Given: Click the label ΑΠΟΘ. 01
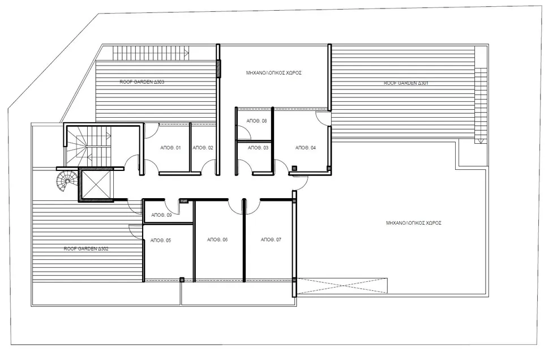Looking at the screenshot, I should point(170,148).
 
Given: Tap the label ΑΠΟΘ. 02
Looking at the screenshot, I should point(203,148).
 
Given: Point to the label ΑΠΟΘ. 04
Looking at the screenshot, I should point(305,148).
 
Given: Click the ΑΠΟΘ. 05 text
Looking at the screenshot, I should point(161,241).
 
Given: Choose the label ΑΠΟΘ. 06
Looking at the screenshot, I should point(217,240).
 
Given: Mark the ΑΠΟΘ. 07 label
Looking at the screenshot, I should point(271,240).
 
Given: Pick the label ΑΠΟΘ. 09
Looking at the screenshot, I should point(162,215).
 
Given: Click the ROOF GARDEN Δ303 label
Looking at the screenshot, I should point(142,82).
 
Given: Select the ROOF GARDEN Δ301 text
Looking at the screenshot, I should point(405,83).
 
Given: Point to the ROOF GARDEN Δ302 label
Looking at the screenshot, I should point(86,248).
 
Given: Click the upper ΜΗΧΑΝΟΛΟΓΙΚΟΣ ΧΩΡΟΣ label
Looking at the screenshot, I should point(273,73).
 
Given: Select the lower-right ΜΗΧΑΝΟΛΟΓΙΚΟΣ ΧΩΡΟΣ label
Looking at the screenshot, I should point(413,223).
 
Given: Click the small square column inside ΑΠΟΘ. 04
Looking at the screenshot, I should point(294,168).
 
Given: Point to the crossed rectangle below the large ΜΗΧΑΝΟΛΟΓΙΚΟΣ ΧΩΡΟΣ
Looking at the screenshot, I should point(342,285).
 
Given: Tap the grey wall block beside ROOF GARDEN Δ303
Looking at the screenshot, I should point(219,68).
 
